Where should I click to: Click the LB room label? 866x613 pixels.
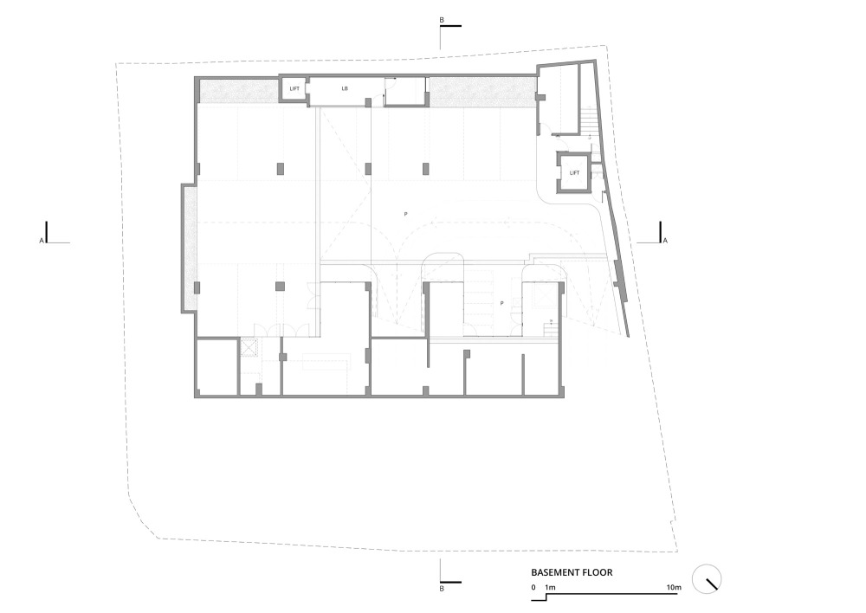point(345,88)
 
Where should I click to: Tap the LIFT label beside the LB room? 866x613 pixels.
point(294,88)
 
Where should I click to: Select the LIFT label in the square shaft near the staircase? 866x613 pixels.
point(574,173)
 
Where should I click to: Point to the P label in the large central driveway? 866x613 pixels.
point(406,214)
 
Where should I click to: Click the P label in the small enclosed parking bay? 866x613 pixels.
point(501,303)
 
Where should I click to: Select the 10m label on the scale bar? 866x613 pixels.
point(673,588)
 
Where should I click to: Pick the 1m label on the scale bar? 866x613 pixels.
point(550,588)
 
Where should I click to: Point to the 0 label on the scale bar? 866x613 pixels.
point(533,588)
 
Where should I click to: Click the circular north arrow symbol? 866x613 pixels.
point(707,579)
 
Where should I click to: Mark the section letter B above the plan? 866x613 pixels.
point(442,21)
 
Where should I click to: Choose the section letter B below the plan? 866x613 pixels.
point(442,589)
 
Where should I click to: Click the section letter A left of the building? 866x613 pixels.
point(42,241)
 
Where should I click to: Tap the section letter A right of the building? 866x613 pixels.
point(665,241)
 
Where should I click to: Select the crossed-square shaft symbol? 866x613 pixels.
point(249,348)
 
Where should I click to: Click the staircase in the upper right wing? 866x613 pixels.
point(588,120)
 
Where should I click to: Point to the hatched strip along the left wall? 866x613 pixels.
point(190,248)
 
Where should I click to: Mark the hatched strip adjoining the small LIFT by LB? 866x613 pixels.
point(239,91)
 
